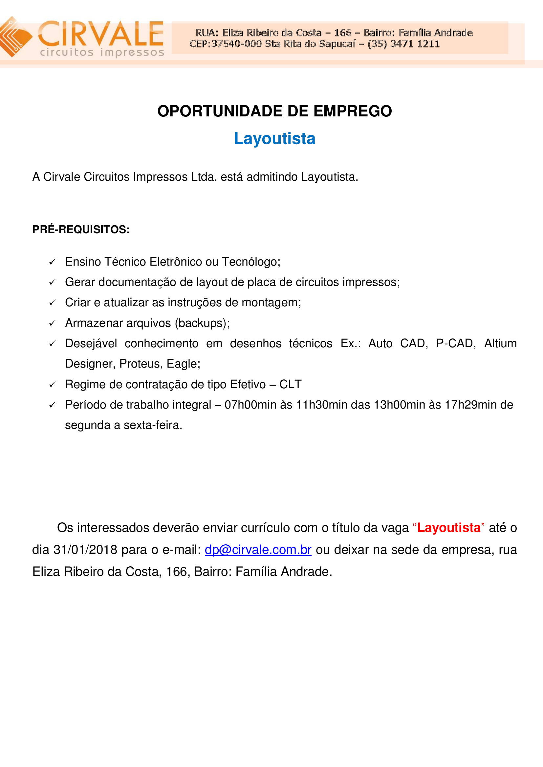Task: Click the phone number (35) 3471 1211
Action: click(403, 44)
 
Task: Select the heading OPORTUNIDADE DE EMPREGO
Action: click(274, 111)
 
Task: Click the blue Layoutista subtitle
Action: click(274, 139)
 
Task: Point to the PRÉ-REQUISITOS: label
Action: click(81, 230)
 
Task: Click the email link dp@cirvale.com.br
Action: click(258, 550)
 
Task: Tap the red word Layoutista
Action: click(449, 528)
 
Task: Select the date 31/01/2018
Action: click(85, 550)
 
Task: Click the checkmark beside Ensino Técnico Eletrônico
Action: click(52, 262)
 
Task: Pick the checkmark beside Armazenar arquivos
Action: click(52, 323)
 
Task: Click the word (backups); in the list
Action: click(202, 323)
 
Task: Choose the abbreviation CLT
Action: click(290, 384)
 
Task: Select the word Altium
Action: click(500, 343)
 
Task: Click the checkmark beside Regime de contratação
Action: click(52, 385)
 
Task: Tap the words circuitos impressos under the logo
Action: click(102, 52)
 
